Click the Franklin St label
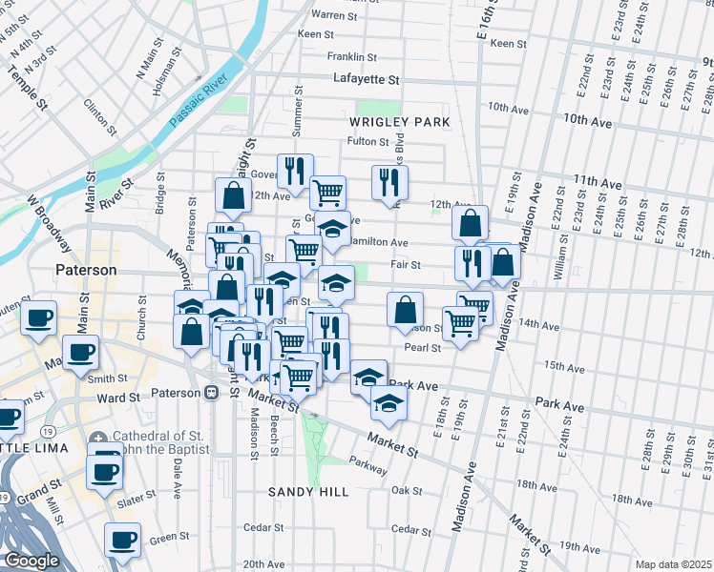[353, 57]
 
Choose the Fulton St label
[364, 141]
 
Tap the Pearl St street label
[422, 348]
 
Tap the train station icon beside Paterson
[211, 392]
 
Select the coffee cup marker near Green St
[122, 540]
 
